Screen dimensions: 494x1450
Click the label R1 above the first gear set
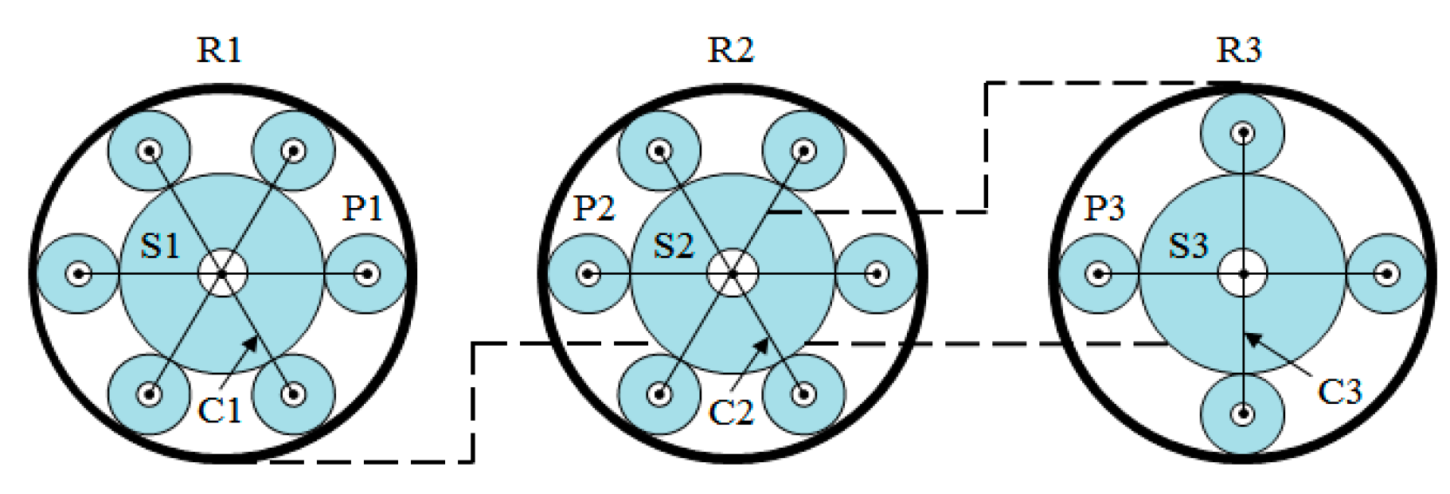[x=219, y=49]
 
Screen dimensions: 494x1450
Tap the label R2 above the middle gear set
[x=729, y=49]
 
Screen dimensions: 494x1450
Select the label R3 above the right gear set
[x=1239, y=49]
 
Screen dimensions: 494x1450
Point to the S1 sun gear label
[x=160, y=245]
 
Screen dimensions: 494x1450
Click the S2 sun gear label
[x=673, y=245]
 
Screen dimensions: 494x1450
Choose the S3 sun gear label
[x=1187, y=245]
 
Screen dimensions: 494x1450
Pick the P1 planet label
[x=362, y=208]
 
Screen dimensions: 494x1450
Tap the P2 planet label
[x=594, y=208]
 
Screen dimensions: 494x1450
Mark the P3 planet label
[x=1104, y=208]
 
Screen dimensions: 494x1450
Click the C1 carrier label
[x=219, y=410]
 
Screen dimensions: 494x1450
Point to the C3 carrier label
[x=1339, y=391]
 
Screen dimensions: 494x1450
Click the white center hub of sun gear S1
[x=222, y=273]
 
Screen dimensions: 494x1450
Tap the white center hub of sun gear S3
[x=1242, y=273]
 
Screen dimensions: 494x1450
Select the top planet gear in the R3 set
[x=1242, y=132]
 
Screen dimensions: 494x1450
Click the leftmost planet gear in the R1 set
[x=78, y=273]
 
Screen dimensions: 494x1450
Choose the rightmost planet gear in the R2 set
[x=877, y=273]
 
